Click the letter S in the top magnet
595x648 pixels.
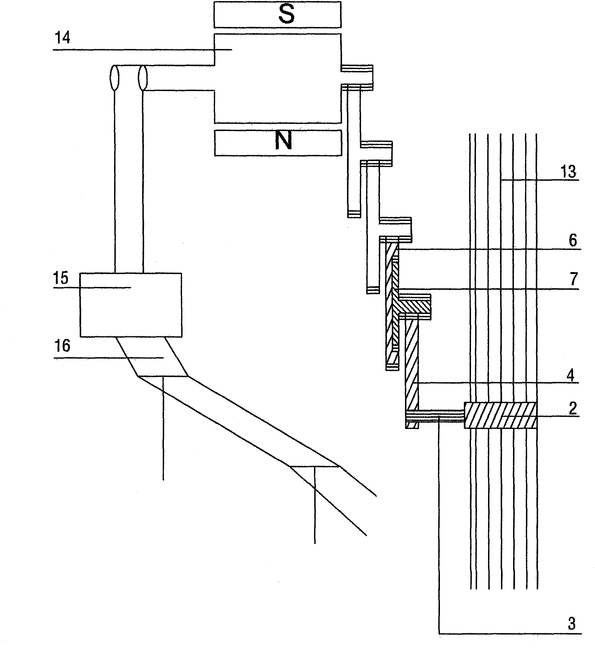click(x=287, y=15)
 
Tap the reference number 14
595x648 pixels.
click(x=62, y=38)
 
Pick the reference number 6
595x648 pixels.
click(x=573, y=241)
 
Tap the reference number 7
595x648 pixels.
click(x=574, y=279)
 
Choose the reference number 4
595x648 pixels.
click(x=571, y=376)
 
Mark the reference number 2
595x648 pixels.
click(x=573, y=409)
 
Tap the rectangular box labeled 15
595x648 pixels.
click(x=131, y=305)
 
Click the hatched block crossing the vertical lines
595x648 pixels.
click(x=500, y=415)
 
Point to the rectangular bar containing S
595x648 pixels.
click(x=277, y=15)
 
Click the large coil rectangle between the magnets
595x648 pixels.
click(x=277, y=78)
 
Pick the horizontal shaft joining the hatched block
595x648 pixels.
click(x=435, y=416)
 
